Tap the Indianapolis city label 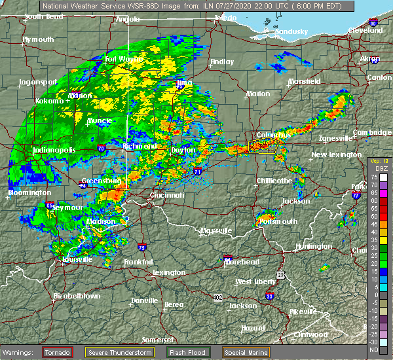55,151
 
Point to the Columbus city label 268,135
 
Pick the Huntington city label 313,246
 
